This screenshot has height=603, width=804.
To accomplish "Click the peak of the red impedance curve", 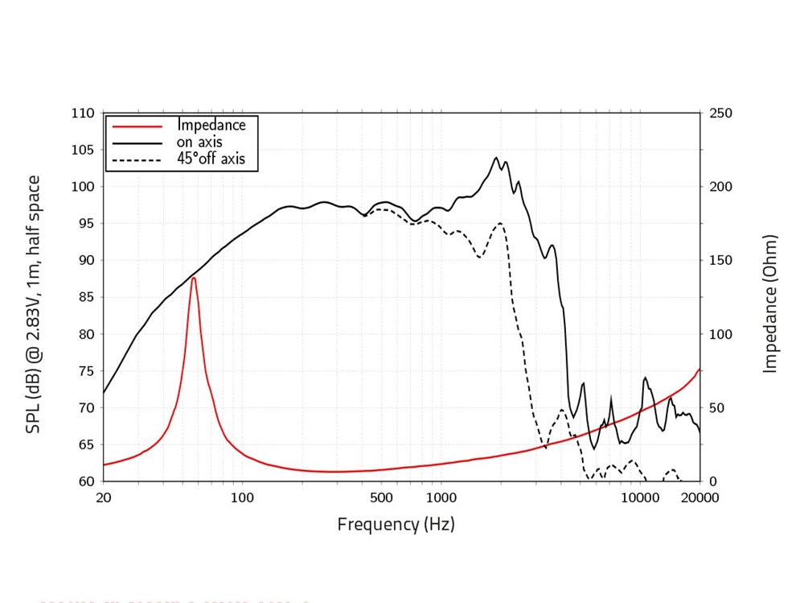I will coord(194,278).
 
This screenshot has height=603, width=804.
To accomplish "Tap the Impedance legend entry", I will coord(211,126).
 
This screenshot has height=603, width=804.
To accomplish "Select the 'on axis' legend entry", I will coord(199,142).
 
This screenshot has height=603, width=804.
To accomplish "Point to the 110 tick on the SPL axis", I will coord(83,114).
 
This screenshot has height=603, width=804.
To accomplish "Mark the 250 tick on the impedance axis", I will coord(721,114).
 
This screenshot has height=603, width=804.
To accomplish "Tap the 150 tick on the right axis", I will coord(721,261).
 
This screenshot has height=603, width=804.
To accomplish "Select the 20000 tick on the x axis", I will coord(699,498).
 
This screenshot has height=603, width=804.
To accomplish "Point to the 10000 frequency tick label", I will coord(640,498).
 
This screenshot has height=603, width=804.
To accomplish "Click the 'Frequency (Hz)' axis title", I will coord(396,525).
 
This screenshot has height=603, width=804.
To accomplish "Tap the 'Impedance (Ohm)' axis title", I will coord(771,304).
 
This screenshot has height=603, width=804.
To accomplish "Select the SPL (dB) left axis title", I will coord(34,304).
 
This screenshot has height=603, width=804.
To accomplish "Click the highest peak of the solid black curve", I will coord(496,158).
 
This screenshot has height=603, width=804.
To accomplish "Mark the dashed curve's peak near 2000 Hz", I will coord(500,223).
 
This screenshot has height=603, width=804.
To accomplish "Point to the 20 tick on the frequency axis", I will coord(104,498).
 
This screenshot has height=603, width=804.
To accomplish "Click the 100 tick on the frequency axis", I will coord(242,498).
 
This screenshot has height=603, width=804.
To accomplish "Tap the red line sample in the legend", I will coord(137,126).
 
